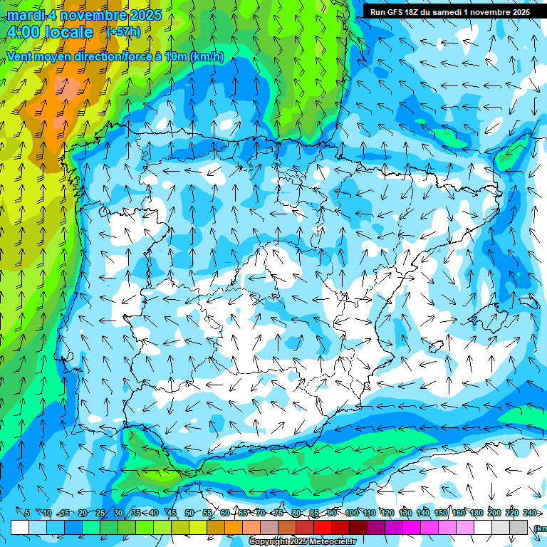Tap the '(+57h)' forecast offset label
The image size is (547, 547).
coord(123,32)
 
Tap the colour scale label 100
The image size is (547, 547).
coord(351,513)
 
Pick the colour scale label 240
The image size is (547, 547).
coord(529,513)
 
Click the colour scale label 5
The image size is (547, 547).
coord(27,513)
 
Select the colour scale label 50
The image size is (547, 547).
coord(189,513)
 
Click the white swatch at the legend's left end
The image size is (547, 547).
coord(20,528)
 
